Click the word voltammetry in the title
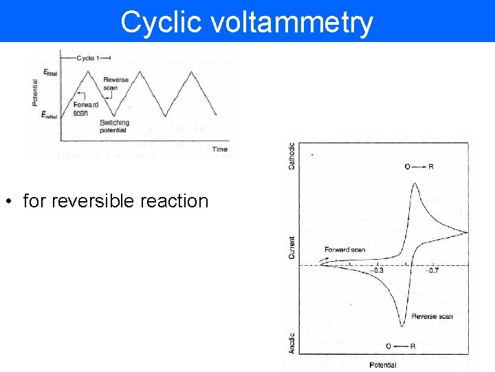point(293,22)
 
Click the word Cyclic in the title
point(162,22)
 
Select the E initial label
point(49,116)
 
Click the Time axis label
point(220,149)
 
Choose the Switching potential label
point(114,126)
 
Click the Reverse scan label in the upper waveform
point(116,84)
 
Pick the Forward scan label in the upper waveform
point(86,109)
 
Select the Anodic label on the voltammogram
point(291,342)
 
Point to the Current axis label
point(291,248)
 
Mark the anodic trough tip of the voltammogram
point(401,327)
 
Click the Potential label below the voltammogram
point(382,364)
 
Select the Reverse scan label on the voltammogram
point(432,316)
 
